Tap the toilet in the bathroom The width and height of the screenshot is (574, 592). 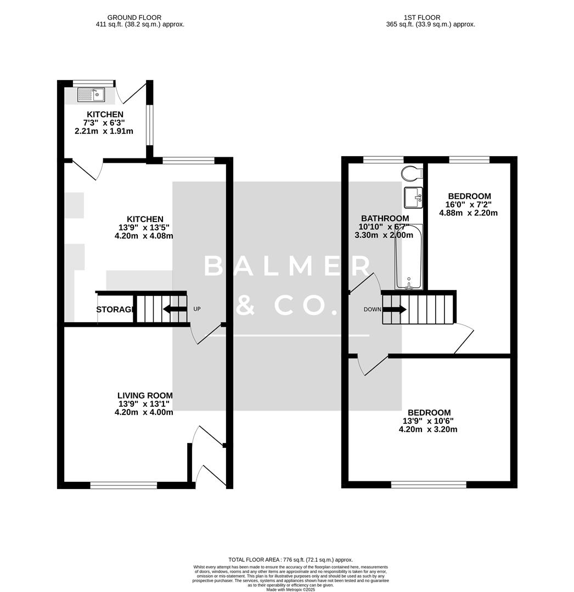[x=411, y=173]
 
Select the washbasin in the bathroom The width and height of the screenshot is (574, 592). [x=413, y=197]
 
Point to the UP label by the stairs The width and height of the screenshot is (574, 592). [x=197, y=309]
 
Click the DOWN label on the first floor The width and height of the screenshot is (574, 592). [x=372, y=310]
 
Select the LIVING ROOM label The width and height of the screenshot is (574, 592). [x=145, y=395]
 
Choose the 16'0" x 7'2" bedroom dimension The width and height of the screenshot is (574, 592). [x=468, y=204]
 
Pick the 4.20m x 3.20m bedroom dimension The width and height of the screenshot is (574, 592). [x=428, y=430]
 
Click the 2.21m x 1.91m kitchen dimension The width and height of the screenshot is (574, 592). [x=104, y=132]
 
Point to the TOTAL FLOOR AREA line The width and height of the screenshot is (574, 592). [x=291, y=560]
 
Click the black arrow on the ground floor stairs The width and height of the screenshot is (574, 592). [x=175, y=309]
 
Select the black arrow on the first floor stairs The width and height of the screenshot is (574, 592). [x=394, y=310]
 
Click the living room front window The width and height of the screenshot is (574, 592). [x=123, y=485]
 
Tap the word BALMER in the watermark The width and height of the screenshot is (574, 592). [x=288, y=266]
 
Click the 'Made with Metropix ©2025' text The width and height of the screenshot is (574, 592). [x=291, y=589]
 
